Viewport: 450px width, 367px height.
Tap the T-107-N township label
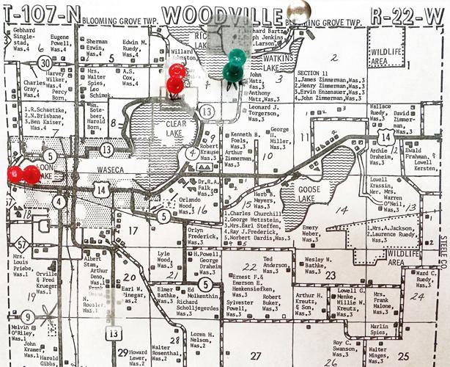(x=37, y=12)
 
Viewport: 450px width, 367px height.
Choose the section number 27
(x=256, y=356)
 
